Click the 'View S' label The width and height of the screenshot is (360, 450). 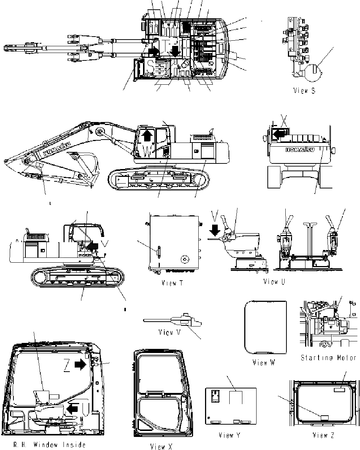(304, 90)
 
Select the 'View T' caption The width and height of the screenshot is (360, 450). (172, 283)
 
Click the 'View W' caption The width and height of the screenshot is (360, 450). (264, 362)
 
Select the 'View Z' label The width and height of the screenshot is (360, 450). (323, 435)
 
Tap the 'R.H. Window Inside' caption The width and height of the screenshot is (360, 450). (49, 444)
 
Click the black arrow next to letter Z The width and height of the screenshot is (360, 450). (80, 365)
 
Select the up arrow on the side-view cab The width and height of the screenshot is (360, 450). (148, 135)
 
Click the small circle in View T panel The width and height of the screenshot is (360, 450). (184, 259)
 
